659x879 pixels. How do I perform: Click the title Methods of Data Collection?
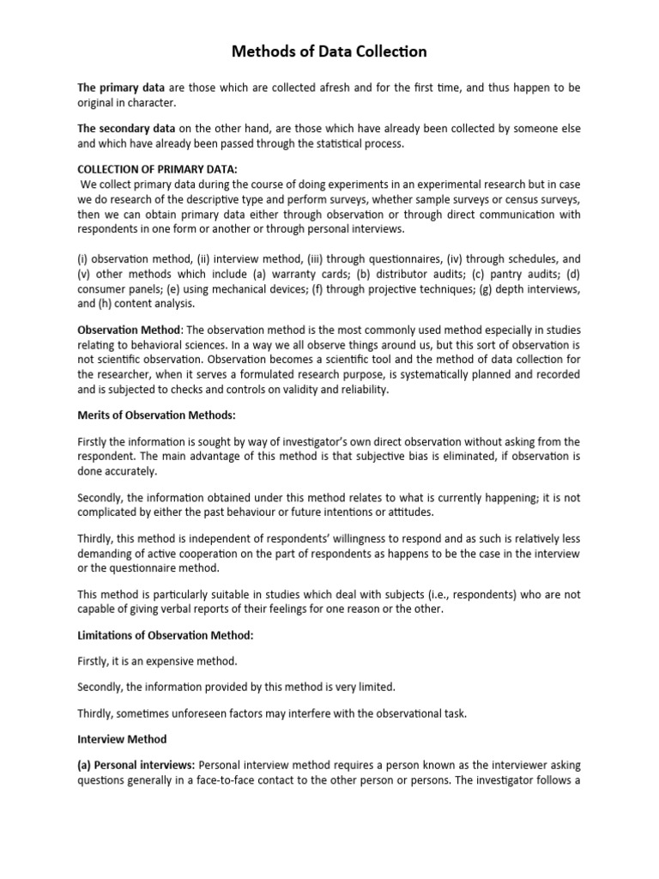pyautogui.click(x=329, y=53)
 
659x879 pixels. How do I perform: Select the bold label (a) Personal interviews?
pyautogui.click(x=137, y=766)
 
